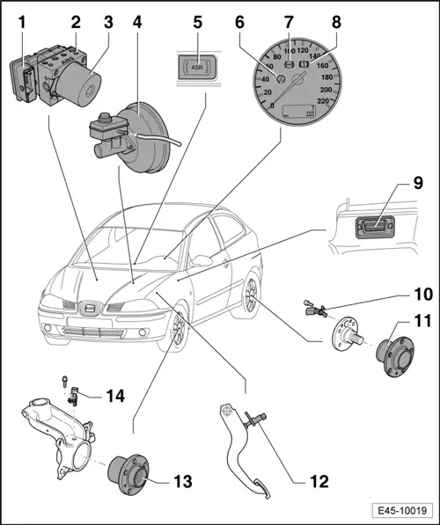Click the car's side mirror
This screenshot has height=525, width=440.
pyautogui.click(x=204, y=260)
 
